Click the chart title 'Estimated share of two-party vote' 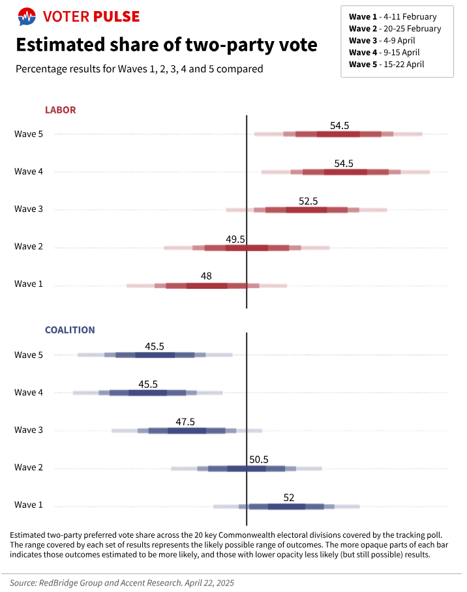(166, 45)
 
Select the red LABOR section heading (60, 110)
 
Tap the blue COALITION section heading (70, 331)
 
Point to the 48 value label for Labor (206, 276)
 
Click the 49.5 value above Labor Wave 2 (235, 239)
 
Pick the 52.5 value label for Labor (308, 201)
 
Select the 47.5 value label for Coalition (185, 422)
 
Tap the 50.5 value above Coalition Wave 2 (259, 460)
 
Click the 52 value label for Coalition (289, 497)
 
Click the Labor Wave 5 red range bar (338, 134)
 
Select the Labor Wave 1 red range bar (207, 286)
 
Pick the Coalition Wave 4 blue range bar (147, 393)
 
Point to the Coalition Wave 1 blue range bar (286, 507)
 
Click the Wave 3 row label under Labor (29, 209)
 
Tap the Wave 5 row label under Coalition (29, 355)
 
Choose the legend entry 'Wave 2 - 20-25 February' (395, 29)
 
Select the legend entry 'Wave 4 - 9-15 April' (384, 52)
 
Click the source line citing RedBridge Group (122, 583)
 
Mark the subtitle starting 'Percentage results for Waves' (140, 68)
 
